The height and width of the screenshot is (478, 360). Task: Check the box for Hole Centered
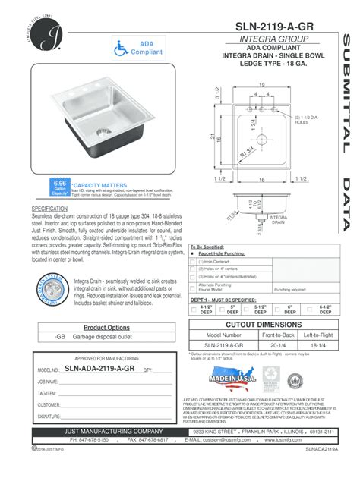tap(194, 260)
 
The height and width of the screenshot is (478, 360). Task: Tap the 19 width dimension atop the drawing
tap(260, 84)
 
